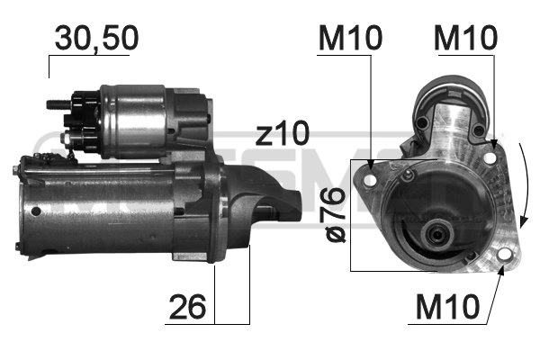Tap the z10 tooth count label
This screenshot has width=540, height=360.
[x=281, y=134]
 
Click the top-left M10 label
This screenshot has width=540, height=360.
[x=349, y=38]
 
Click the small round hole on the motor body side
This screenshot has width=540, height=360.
[x=35, y=211]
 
